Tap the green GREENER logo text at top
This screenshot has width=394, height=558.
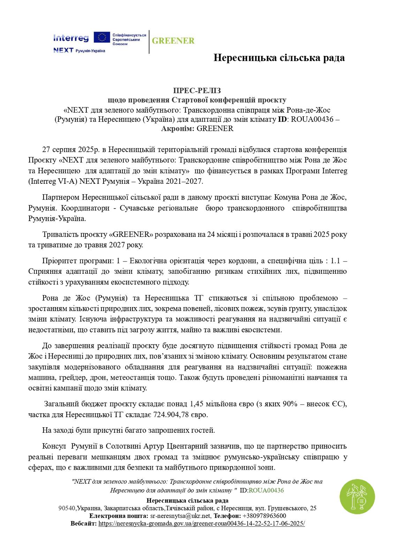173,41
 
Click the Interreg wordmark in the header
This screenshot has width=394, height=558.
71,38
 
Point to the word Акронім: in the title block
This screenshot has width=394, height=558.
178,128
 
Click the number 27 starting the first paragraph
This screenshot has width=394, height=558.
46,150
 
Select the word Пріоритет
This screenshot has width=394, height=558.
59,261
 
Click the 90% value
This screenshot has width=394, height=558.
290,404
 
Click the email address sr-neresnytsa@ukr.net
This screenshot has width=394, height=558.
180,516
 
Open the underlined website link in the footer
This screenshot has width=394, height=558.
202,523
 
